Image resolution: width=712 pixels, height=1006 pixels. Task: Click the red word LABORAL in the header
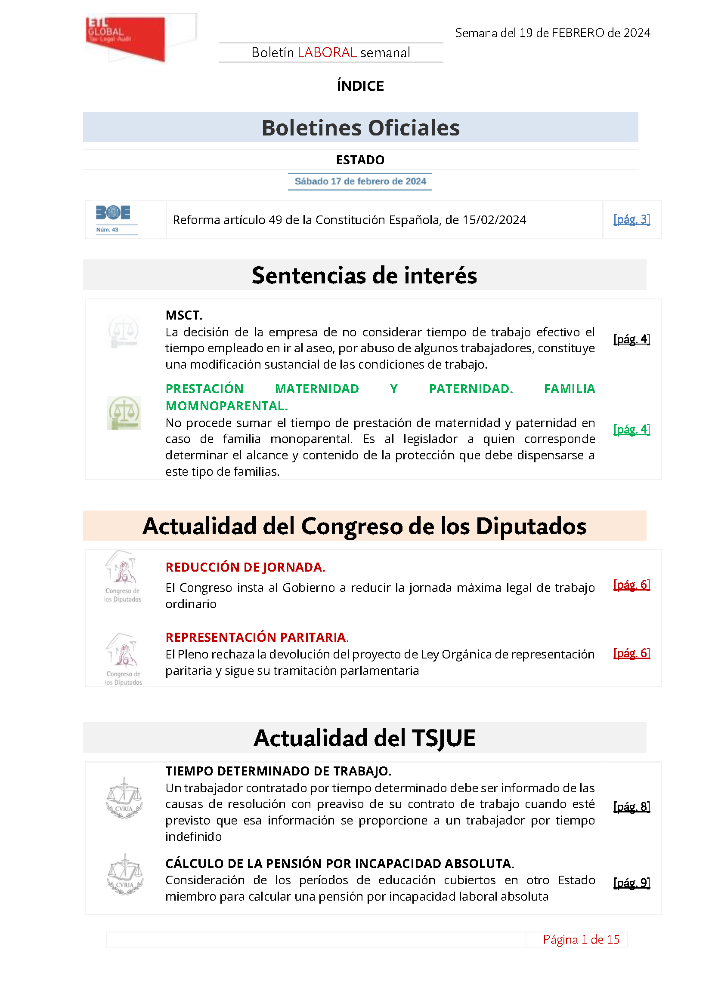tap(327, 52)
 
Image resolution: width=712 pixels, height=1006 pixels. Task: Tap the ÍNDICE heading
tap(360, 86)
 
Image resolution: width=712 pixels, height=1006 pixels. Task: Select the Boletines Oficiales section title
tap(360, 128)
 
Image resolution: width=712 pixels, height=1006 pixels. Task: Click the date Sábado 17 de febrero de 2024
tap(360, 182)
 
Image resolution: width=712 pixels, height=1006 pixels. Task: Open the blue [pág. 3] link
tap(632, 219)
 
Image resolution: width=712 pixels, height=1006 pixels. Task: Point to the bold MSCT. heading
tap(184, 315)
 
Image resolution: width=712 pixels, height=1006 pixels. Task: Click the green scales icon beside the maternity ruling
tap(124, 412)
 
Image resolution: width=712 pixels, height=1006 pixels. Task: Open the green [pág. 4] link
tap(632, 429)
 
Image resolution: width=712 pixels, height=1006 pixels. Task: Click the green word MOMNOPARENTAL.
tap(227, 406)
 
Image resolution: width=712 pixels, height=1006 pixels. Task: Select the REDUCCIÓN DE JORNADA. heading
tap(245, 567)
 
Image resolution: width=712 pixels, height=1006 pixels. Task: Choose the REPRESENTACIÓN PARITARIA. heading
tap(257, 637)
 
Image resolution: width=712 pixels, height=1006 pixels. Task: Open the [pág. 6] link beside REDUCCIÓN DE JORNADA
tap(632, 585)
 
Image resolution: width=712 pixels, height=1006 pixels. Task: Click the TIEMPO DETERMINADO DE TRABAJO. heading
tap(279, 771)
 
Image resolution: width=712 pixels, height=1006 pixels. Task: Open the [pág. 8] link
tap(632, 806)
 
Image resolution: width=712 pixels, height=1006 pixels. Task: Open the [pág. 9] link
tap(632, 883)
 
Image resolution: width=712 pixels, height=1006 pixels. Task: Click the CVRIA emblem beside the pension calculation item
tap(125, 874)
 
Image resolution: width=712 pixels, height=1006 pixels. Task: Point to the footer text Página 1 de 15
tap(581, 940)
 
